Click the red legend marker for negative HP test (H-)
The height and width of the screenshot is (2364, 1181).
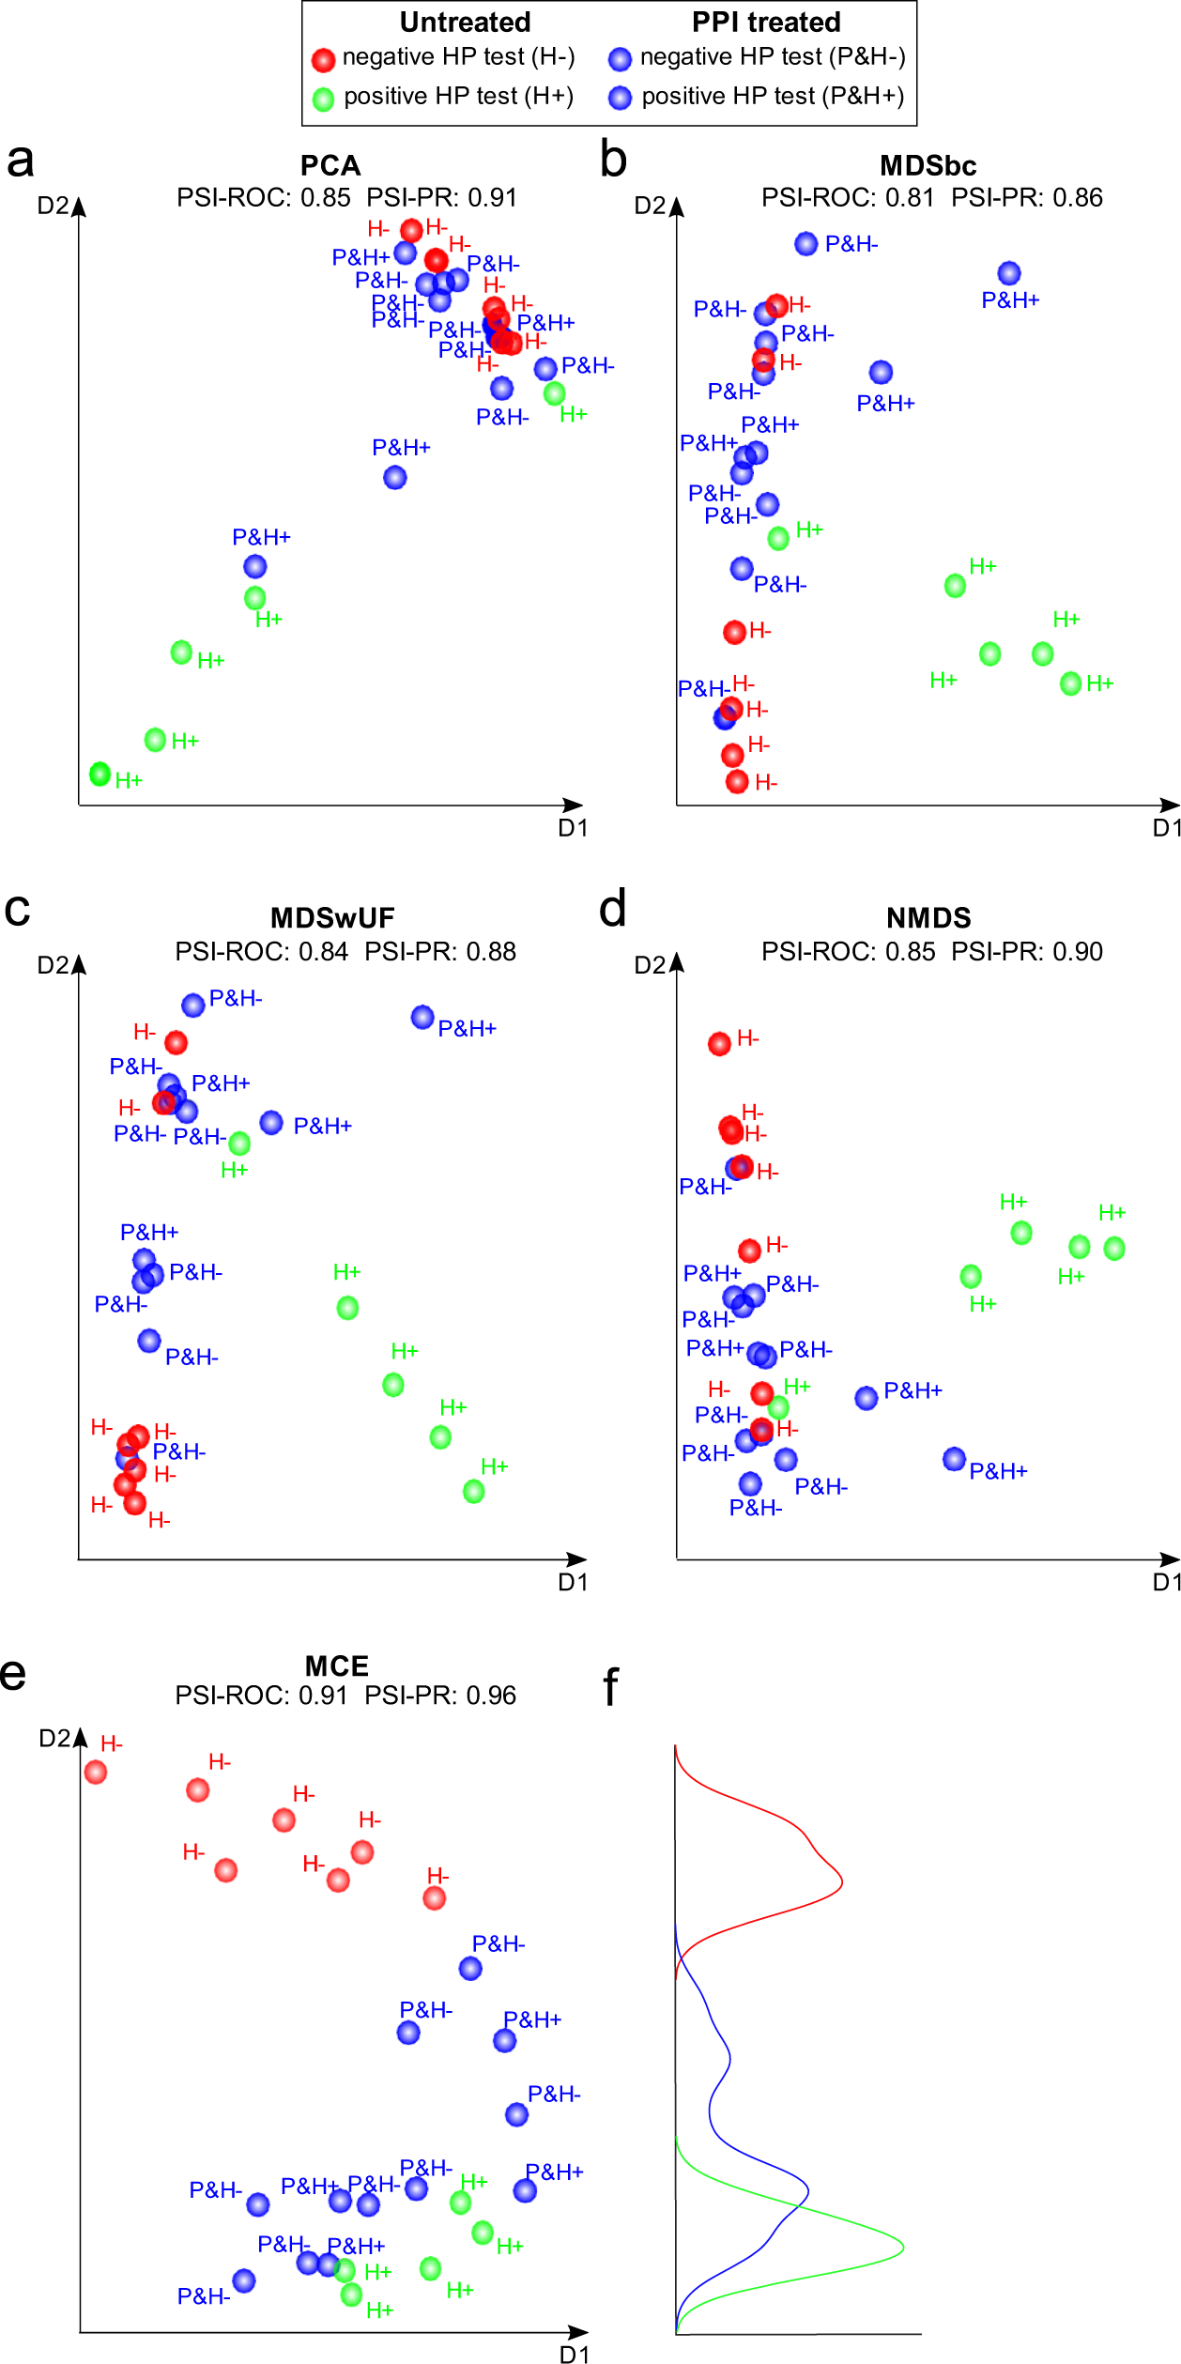323,60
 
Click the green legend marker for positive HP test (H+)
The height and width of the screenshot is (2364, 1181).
323,100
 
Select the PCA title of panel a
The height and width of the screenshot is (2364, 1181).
330,166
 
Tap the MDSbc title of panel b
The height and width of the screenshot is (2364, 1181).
928,166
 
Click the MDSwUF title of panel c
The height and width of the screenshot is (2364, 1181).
332,918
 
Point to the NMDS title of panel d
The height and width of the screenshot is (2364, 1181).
928,918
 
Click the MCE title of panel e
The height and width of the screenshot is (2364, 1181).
337,1666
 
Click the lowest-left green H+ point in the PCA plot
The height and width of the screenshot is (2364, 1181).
100,774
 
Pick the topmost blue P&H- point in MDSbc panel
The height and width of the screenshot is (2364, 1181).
805,244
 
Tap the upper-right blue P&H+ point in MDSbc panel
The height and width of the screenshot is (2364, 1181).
1009,273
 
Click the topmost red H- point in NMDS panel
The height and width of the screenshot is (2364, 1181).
719,1044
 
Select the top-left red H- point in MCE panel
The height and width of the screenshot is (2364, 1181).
96,1773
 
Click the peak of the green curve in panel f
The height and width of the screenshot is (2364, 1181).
903,2247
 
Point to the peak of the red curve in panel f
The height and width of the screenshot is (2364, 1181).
842,1880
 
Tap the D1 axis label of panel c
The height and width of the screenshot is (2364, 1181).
573,1582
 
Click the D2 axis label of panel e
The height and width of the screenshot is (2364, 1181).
54,1738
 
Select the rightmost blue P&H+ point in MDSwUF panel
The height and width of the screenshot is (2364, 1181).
422,1017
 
